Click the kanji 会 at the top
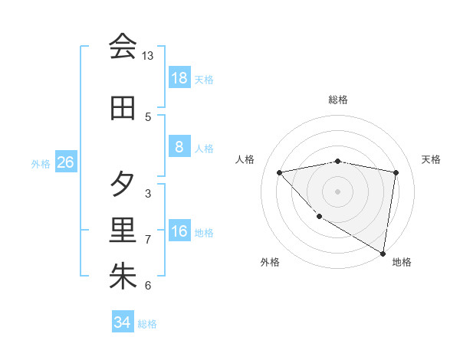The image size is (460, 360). pos(123,47)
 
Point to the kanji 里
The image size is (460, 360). pos(123,231)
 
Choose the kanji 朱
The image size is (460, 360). pos(123,277)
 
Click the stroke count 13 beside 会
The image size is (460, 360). pos(148,56)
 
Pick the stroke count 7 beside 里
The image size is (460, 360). pos(148,240)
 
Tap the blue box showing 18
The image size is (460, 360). pos(179,77)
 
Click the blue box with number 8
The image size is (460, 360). pos(179,147)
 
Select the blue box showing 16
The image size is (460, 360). pos(179,231)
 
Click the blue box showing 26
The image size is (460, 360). pos(65,162)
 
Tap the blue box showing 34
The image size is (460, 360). pos(122,322)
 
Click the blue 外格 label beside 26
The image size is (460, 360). pos(41,163)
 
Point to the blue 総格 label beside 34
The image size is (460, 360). pos(147,324)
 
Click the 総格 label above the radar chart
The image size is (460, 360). pos(338,100)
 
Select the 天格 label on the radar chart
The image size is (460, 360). pos(432,159)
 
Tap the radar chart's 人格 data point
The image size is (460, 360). pos(280,172)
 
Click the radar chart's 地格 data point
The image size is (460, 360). pos(383,253)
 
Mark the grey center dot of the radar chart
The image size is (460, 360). pos(338,191)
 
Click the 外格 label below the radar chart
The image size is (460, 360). pos(270,262)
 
